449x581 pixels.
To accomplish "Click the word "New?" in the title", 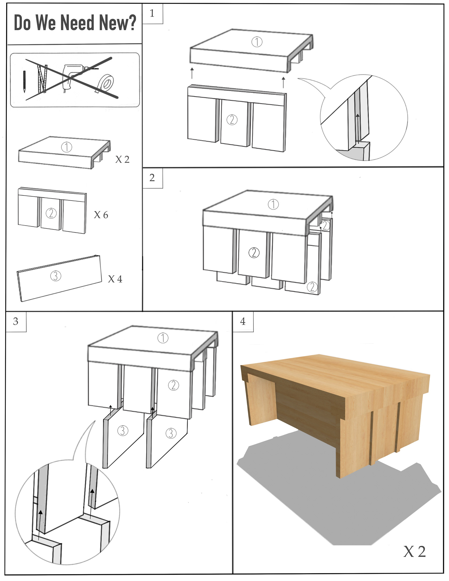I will (117, 23).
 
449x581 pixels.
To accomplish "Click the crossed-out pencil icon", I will (24, 81).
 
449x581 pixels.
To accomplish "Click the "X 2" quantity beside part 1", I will (122, 159).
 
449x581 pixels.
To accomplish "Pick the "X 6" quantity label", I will (101, 215).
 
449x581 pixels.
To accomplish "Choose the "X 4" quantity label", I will (115, 279).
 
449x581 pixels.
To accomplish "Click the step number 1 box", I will (152, 13).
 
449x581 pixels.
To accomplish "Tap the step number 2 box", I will (152, 178).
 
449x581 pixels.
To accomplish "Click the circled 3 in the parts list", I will (56, 276).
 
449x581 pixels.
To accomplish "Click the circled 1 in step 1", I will (257, 42).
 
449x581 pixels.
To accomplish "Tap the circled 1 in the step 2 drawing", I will (273, 204).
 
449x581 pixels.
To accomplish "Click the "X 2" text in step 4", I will (414, 552).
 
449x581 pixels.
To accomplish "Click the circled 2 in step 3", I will (174, 385).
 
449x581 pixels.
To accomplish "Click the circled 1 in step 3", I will (163, 338).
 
